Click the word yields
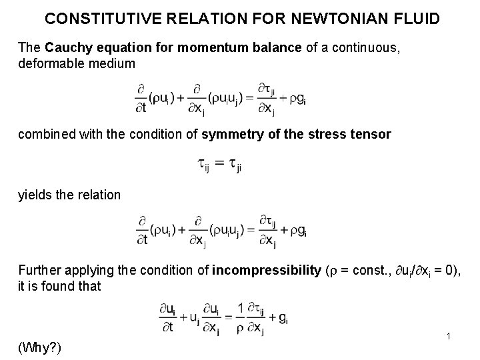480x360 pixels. [33, 195]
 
